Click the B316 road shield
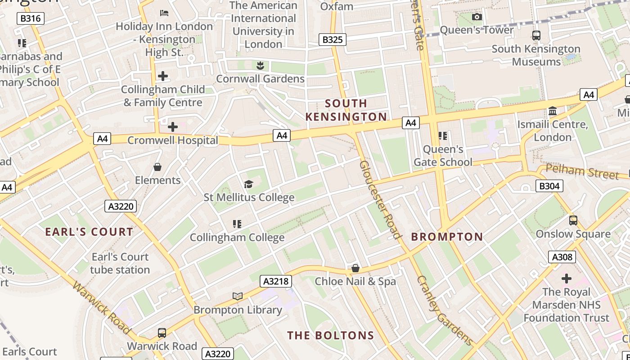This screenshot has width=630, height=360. (x=31, y=18)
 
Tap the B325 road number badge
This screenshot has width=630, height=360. (x=333, y=40)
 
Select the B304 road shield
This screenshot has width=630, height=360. (x=549, y=185)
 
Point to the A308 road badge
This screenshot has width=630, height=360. (x=562, y=257)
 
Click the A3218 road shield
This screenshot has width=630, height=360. (x=276, y=282)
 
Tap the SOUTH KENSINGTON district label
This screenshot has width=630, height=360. (x=346, y=110)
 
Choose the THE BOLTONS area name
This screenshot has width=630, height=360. (x=331, y=335)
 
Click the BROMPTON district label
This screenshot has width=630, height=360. (x=447, y=237)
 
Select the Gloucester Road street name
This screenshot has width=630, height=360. (x=380, y=199)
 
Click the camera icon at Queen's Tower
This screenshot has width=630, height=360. (x=477, y=17)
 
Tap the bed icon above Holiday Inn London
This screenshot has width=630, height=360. (x=164, y=13)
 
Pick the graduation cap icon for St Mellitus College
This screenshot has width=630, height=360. (x=248, y=184)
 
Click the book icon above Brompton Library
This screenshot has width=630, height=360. (x=238, y=296)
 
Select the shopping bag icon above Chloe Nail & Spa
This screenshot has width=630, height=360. (x=355, y=268)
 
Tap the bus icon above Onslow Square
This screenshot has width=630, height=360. (x=573, y=220)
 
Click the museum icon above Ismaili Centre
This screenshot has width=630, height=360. (x=553, y=111)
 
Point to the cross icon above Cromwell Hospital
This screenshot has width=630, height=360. (x=172, y=127)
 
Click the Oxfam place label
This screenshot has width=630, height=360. (x=337, y=6)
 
